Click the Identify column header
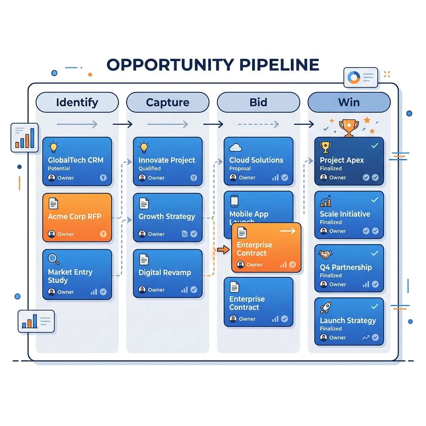77,102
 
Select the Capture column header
167,102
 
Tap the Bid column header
258,102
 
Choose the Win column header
349,102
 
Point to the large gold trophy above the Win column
349,127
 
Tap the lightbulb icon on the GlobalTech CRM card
54,147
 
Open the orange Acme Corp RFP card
77,217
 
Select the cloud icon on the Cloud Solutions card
235,147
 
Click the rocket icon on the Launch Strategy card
325,308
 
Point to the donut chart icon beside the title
354,77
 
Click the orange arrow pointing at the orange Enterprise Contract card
223,250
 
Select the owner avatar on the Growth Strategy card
142,234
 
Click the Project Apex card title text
342,160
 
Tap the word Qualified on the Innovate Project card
149,168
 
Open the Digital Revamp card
168,273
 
